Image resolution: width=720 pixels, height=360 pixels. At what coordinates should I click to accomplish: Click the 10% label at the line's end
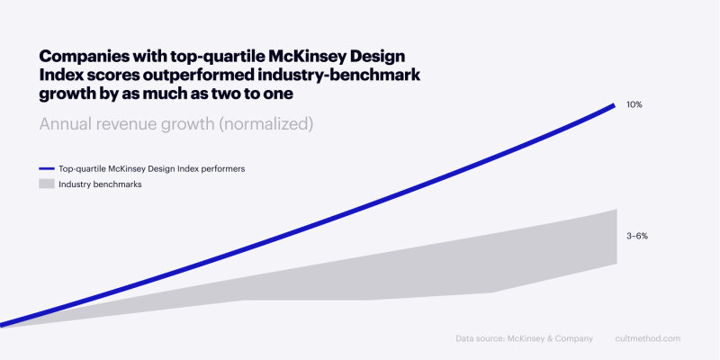[634, 105]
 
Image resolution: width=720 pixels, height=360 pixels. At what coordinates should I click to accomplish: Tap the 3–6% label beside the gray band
[637, 236]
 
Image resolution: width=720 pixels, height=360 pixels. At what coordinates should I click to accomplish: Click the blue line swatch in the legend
[47, 168]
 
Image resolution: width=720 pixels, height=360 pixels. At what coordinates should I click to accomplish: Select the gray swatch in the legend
[47, 184]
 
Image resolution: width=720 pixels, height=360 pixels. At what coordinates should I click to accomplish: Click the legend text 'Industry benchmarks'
[100, 184]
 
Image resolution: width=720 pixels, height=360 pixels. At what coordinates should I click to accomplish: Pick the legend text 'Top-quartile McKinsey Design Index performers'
[151, 168]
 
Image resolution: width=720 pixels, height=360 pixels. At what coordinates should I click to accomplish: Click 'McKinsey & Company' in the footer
[553, 338]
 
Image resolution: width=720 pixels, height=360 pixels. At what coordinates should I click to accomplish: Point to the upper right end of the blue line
[614, 105]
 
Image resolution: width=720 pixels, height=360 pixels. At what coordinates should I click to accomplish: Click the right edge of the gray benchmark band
[616, 237]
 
